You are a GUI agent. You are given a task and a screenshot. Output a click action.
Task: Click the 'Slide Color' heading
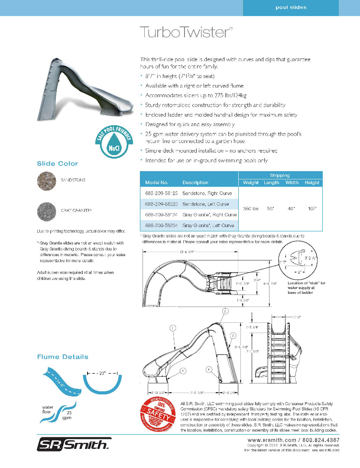point(57,163)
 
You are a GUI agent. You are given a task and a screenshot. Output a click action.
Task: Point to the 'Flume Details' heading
point(62,357)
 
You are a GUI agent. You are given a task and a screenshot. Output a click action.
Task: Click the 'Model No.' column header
point(156,182)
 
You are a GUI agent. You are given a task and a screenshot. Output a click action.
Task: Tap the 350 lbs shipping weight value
point(250,208)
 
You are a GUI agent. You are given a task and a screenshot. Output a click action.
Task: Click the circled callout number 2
point(225,311)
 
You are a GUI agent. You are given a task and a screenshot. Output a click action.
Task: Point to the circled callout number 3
point(232,335)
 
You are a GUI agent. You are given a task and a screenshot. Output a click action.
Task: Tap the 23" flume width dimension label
point(102,372)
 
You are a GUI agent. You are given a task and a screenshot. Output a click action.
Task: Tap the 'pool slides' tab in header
point(291,7)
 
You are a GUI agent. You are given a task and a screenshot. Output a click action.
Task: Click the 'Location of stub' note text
point(306,288)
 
